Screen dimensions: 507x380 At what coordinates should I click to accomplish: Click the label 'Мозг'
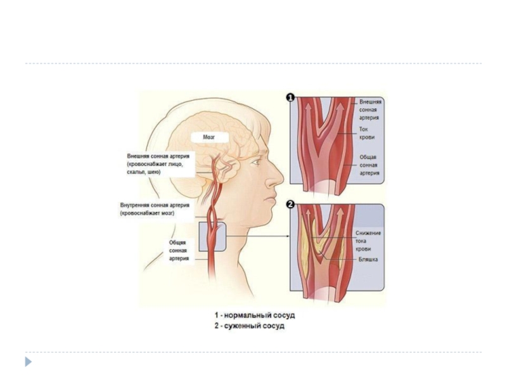point(209,137)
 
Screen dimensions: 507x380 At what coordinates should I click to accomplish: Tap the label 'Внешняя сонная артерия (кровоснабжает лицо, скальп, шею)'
point(155,163)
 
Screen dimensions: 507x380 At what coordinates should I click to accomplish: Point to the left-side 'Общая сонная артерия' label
point(178,250)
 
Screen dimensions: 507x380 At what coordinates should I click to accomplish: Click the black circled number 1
point(291,98)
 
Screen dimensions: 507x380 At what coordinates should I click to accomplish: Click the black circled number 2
point(291,205)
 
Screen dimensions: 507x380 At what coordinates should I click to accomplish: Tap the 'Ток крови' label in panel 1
point(367,132)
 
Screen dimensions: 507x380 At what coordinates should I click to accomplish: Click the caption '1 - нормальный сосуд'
point(254,315)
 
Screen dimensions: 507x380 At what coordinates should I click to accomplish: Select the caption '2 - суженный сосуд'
point(250,326)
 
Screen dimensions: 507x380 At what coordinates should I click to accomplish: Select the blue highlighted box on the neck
point(212,236)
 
